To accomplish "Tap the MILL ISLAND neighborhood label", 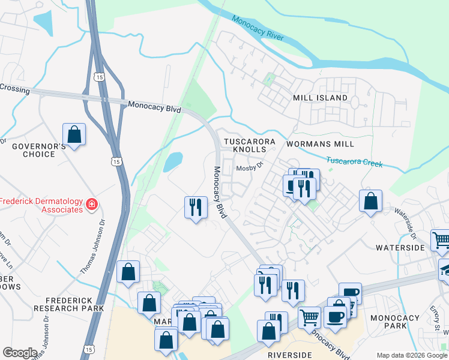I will (320, 97).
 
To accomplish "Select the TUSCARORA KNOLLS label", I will (249, 146).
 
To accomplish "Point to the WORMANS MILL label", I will (320, 144).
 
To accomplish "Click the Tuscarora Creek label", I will (354, 161).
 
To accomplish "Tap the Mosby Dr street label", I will (250, 168).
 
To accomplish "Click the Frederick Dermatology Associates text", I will (41, 205).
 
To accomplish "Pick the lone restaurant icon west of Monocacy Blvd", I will (196, 208).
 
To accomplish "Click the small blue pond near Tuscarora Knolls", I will (173, 161).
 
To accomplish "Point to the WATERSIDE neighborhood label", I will (400, 247).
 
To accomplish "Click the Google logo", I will (20, 353).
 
